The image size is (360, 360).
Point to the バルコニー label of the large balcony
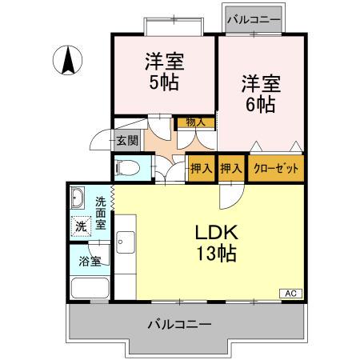[180, 326]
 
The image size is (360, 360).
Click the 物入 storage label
[195, 122]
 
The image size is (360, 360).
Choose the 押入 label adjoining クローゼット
[231, 169]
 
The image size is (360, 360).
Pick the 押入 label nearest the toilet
[200, 169]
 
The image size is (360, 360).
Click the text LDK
[215, 234]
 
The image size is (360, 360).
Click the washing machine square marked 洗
[80, 226]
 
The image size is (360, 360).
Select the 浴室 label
[89, 260]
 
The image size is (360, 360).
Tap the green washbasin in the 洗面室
[78, 198]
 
